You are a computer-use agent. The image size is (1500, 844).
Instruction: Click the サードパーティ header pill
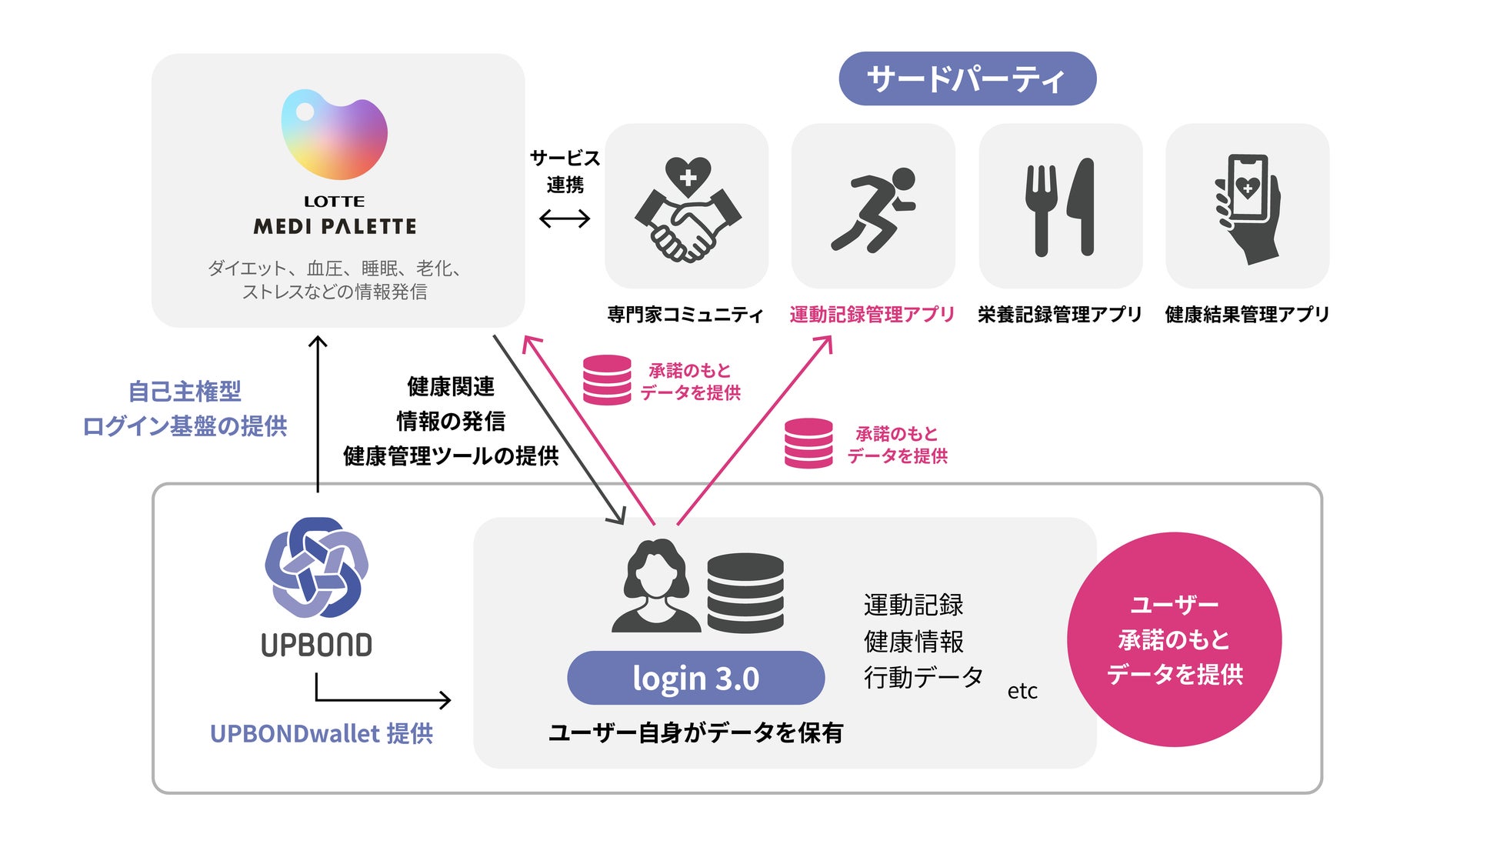[x=967, y=78]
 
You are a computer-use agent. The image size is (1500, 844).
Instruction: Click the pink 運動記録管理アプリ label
[x=872, y=314]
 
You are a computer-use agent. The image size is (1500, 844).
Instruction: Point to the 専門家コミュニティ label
[x=685, y=314]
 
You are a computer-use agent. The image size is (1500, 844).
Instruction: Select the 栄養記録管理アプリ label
[x=1059, y=314]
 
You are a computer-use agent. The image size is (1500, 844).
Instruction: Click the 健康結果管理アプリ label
[x=1247, y=314]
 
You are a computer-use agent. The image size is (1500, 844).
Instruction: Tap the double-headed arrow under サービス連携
[x=565, y=219]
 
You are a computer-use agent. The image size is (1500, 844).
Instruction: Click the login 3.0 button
[x=695, y=678]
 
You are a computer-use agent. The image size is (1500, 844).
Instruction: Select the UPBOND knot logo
[x=316, y=568]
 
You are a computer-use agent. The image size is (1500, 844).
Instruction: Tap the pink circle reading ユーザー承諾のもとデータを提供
[x=1174, y=639]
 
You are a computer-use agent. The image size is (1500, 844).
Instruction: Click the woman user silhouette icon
[x=656, y=586]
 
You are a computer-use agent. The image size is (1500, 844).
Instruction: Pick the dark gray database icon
[x=745, y=592]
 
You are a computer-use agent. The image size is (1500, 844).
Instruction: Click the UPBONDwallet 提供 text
[x=322, y=733]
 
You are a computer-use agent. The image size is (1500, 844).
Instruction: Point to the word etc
[x=1022, y=691]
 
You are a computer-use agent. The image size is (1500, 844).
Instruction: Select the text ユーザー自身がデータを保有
[x=695, y=732]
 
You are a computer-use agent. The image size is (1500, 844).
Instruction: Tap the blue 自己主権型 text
[x=185, y=392]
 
